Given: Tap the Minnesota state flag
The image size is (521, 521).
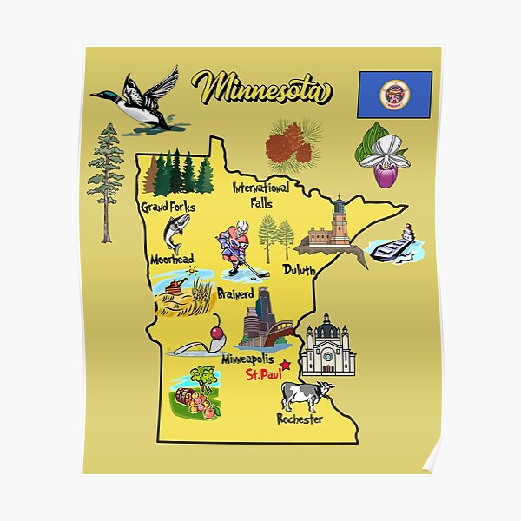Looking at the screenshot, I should click(394, 95).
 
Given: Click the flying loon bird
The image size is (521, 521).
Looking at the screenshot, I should click(139, 100).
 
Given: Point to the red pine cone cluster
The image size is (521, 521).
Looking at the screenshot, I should click(289, 146).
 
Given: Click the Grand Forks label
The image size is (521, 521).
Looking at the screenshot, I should click(168, 207).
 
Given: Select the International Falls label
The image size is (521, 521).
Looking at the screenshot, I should click(260, 195).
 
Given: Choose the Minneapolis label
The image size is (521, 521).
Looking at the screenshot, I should click(247, 359).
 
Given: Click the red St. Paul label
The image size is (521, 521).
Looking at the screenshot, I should click(262, 375).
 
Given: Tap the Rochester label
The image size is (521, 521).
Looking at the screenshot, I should click(300, 419).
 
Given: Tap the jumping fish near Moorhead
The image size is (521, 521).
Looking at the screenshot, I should click(175, 233).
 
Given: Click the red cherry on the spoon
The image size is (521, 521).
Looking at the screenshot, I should click(216, 333).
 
